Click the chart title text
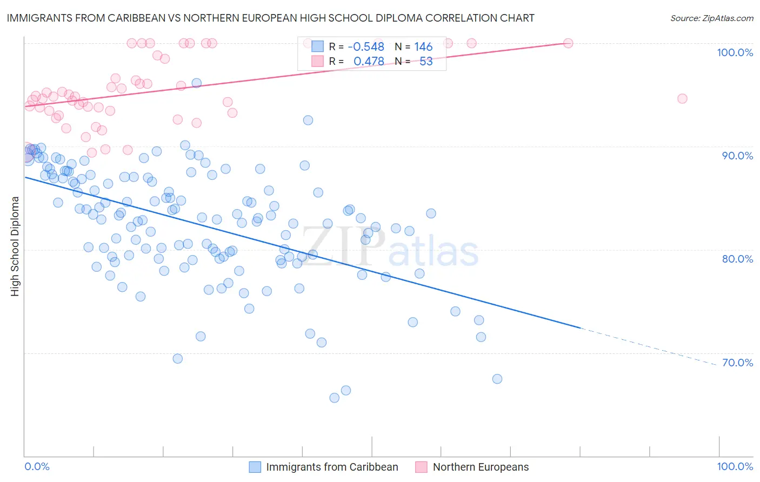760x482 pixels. (x=270, y=18)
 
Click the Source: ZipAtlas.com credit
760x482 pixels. (x=711, y=18)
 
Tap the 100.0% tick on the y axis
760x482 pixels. (x=735, y=52)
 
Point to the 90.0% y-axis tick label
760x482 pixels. (x=737, y=156)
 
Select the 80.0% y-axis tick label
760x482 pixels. (x=737, y=259)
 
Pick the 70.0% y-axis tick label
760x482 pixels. (x=737, y=363)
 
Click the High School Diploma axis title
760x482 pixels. (x=15, y=246)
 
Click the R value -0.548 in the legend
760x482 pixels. (x=366, y=47)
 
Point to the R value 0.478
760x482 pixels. (x=369, y=62)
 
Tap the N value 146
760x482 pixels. (x=423, y=47)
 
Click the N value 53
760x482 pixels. (x=426, y=62)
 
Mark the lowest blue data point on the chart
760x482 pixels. (x=335, y=398)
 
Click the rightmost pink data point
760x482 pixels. (x=682, y=98)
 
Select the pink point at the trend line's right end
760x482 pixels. (x=568, y=43)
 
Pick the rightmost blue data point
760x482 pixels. (x=497, y=379)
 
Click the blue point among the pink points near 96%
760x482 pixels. (x=197, y=83)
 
